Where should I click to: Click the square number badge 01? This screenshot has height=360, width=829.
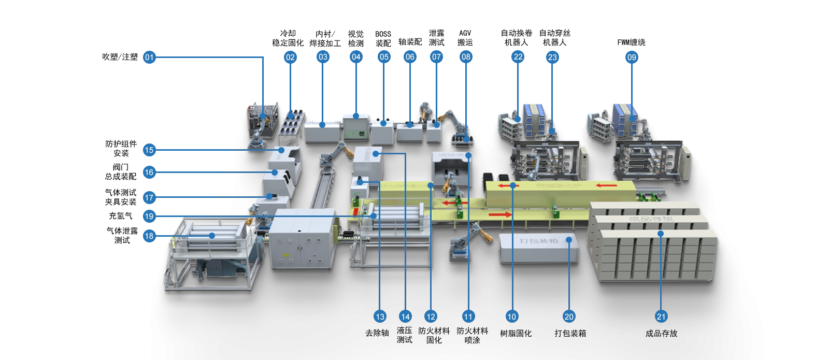(x=149, y=57)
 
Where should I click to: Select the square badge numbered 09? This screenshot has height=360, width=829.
(x=632, y=57)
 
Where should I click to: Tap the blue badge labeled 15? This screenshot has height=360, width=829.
(x=149, y=150)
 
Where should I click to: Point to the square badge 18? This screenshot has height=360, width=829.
(x=149, y=236)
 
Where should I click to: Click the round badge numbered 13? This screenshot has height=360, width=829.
(x=380, y=316)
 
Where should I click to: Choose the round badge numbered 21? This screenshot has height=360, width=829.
(x=661, y=316)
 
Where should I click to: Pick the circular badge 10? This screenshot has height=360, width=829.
(x=512, y=316)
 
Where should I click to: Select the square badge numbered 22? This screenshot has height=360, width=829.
(x=518, y=57)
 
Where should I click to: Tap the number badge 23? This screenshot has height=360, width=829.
(x=552, y=57)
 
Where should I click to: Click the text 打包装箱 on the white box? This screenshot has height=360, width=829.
(x=536, y=241)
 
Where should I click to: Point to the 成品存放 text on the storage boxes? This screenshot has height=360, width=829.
(x=652, y=219)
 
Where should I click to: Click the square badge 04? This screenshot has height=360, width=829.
(x=356, y=57)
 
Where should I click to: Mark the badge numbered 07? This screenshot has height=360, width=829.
(x=437, y=57)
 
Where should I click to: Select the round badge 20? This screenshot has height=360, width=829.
(x=569, y=316)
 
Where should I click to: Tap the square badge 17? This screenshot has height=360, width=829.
(x=149, y=197)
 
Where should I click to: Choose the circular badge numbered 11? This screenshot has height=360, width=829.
(x=468, y=316)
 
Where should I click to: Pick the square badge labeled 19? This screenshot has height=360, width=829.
(x=149, y=217)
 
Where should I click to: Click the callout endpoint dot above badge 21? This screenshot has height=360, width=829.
(x=661, y=234)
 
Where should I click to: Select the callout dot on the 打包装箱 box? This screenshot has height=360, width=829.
(x=569, y=240)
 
